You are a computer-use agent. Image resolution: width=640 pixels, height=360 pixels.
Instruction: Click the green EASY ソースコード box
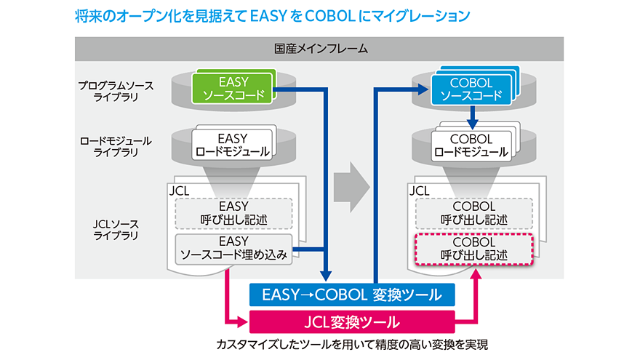pos(233,88)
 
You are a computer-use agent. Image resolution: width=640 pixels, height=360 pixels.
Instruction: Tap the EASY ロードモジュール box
pos(233,145)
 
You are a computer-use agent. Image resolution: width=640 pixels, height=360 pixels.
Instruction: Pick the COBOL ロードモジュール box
pos(469,145)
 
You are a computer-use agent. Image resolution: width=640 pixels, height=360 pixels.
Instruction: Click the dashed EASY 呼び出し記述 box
pos(233,212)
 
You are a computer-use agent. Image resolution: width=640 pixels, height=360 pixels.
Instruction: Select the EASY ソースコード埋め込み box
pos(233,248)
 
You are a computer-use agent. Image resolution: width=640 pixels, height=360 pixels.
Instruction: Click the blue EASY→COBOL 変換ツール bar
pos(352,295)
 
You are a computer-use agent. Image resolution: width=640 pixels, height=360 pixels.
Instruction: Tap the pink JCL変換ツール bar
pos(352,321)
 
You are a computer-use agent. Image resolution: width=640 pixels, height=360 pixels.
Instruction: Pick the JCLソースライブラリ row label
pos(116,230)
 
